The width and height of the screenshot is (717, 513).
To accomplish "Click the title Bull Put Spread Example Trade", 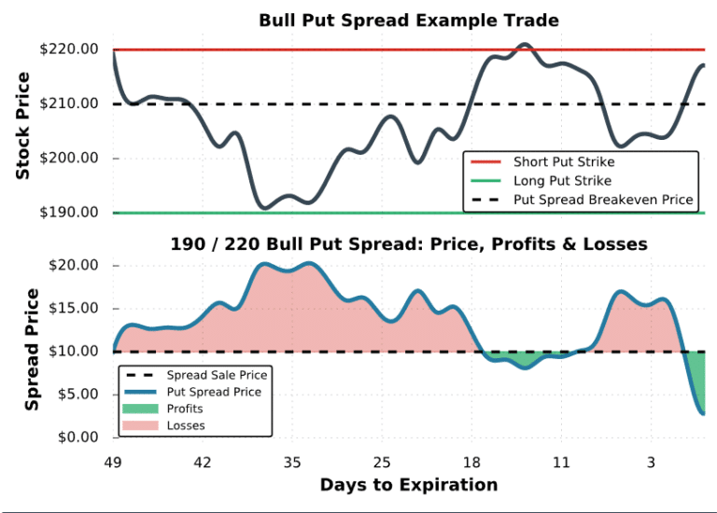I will [409, 21].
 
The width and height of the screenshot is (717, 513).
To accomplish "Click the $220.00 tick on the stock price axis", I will [74, 49].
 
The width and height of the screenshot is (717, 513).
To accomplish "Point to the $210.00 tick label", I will [74, 104].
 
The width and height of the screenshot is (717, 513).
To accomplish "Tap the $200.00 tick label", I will [74, 159].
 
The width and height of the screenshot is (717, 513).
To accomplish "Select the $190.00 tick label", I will [74, 213].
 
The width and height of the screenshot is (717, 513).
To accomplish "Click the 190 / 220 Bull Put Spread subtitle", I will [408, 244].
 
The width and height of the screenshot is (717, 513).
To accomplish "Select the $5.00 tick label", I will [79, 395].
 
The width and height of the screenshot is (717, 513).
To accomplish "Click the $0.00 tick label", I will [79, 437].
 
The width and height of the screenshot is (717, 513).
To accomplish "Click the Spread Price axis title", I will [32, 350].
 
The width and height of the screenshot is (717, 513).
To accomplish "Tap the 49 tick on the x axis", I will [113, 462].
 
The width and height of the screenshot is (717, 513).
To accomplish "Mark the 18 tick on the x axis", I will [471, 462].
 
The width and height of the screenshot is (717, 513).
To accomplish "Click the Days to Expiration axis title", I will [408, 485].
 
